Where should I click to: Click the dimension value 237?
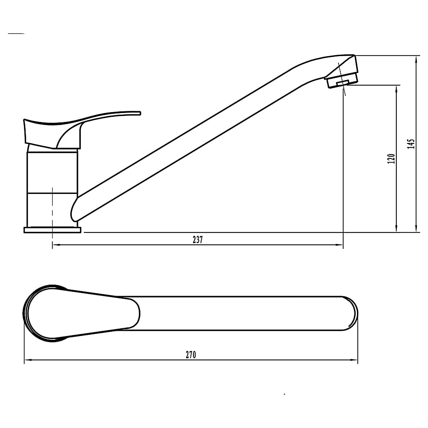pyautogui.click(x=198, y=240)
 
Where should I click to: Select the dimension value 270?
pyautogui.click(x=191, y=355)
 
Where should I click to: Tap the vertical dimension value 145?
pyautogui.click(x=411, y=144)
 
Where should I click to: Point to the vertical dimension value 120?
pyautogui.click(x=391, y=159)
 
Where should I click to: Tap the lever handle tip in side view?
pyautogui.click(x=140, y=113)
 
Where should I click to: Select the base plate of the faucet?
pyautogui.click(x=52, y=230)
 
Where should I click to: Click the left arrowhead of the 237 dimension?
pyautogui.click(x=55, y=245)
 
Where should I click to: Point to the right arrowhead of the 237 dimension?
pyautogui.click(x=340, y=245)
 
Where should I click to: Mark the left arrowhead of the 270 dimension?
pyautogui.click(x=27, y=360)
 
